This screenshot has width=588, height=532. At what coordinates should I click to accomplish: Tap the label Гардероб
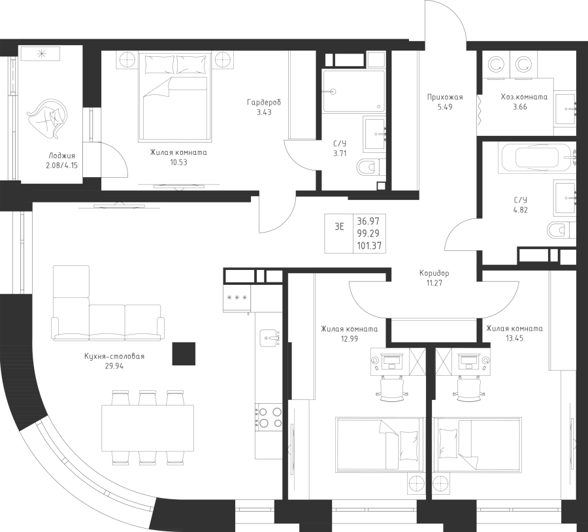pyautogui.click(x=264, y=103)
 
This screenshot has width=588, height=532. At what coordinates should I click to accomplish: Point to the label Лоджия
pyautogui.click(x=62, y=156)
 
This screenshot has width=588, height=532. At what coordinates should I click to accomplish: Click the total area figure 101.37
pyautogui.click(x=369, y=245)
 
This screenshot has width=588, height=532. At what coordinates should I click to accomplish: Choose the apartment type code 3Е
pyautogui.click(x=339, y=227)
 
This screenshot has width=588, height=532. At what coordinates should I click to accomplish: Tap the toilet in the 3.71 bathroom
pyautogui.click(x=367, y=168)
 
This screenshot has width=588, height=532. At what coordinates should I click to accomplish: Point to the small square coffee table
pyautogui.click(x=184, y=354)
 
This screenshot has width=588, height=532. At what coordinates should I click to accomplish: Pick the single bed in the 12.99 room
pyautogui.click(x=380, y=444)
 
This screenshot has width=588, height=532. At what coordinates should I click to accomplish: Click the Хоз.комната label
pyautogui.click(x=523, y=97)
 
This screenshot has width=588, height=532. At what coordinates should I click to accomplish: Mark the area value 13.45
pyautogui.click(x=514, y=339)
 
